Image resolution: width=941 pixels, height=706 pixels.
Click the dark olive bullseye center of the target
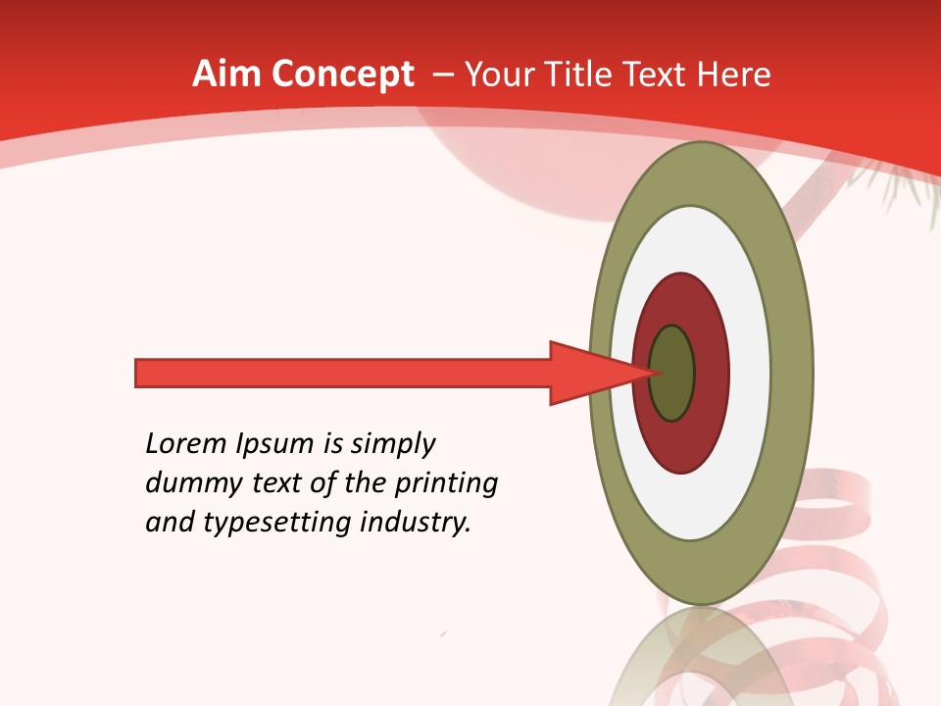tap(673, 374)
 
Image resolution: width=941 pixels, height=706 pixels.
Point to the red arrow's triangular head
tap(588, 374)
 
